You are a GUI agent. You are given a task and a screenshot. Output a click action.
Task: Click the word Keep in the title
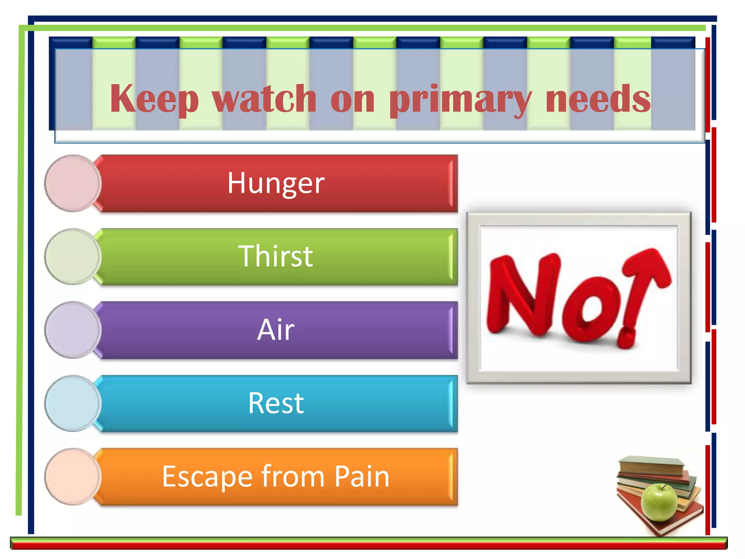tap(154, 98)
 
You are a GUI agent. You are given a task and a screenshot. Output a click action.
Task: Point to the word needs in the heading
tap(598, 98)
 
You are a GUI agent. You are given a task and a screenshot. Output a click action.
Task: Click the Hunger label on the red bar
tap(276, 183)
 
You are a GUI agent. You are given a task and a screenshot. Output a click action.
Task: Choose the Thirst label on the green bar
tap(275, 256)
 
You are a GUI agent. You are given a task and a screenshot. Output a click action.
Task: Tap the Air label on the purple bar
tap(276, 330)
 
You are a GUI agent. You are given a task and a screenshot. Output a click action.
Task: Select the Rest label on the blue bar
tap(276, 403)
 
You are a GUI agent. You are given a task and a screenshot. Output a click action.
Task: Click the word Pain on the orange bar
tap(362, 476)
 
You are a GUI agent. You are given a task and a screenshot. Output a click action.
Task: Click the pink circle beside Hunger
tap(73, 183)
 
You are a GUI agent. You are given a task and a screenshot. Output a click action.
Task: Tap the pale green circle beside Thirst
tap(73, 257)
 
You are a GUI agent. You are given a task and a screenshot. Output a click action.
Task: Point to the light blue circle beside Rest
tap(73, 404)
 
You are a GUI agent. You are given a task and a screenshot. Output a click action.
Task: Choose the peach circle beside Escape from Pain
tap(73, 477)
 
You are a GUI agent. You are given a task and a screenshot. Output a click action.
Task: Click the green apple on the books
tap(659, 502)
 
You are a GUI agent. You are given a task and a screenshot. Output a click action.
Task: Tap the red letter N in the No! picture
tap(524, 295)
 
